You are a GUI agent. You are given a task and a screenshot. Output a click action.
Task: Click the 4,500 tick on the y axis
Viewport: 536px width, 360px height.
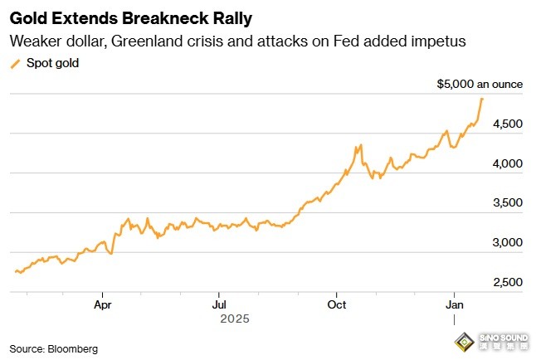[507, 124]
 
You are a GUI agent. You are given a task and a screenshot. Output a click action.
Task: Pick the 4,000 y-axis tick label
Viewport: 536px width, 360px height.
[507, 163]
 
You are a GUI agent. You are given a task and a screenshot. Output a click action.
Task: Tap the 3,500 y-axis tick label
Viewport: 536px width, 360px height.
[507, 203]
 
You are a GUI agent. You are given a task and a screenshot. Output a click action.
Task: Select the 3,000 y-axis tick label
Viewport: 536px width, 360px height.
[507, 243]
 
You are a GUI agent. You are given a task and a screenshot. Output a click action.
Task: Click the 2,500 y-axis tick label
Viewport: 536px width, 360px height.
[507, 283]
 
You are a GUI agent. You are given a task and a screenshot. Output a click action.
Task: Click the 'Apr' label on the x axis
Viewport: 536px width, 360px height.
[103, 304]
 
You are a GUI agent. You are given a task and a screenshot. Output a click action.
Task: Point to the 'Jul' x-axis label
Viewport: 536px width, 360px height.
[219, 304]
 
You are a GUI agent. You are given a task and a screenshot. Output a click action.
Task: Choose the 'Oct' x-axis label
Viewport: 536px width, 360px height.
[336, 304]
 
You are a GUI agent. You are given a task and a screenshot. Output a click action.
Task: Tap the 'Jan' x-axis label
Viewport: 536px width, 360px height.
[453, 304]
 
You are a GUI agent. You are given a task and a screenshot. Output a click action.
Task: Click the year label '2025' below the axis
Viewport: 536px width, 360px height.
[234, 318]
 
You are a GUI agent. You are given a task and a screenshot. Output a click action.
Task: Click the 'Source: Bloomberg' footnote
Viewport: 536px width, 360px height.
[53, 349]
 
